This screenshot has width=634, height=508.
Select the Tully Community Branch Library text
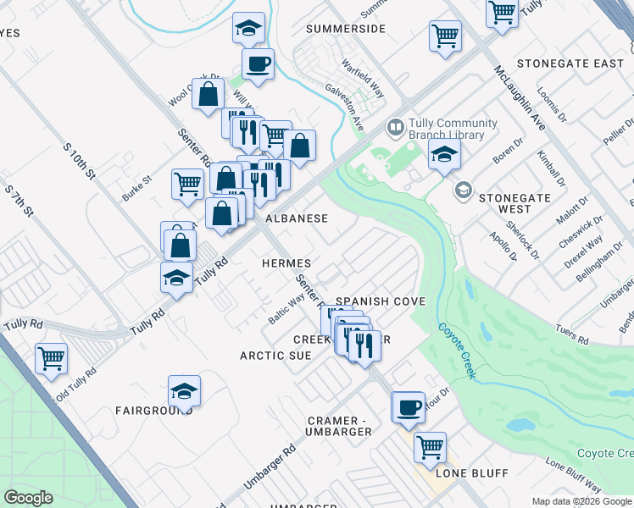click(447, 129)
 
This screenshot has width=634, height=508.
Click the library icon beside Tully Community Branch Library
click(395, 129)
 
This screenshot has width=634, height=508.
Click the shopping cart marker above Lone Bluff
click(431, 444)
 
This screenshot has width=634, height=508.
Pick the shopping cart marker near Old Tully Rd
click(52, 357)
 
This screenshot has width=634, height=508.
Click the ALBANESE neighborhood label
click(297, 218)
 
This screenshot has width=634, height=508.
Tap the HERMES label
click(286, 264)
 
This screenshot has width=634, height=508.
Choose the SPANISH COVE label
click(380, 301)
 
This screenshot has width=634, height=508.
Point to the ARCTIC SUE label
click(275, 356)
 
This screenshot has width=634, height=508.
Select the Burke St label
click(136, 187)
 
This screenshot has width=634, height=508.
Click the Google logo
click(29, 497)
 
